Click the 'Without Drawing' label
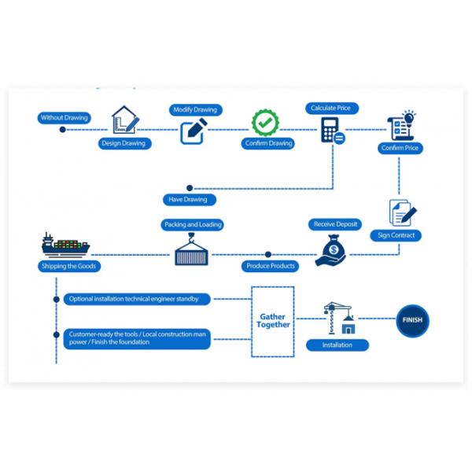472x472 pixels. pyautogui.click(x=65, y=118)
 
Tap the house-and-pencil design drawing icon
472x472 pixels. pyautogui.click(x=124, y=121)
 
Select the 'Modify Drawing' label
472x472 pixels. pyautogui.click(x=195, y=110)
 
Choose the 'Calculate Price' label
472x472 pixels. pyautogui.click(x=330, y=108)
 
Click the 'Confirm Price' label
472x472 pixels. pyautogui.click(x=400, y=148)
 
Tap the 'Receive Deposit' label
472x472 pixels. pyautogui.click(x=335, y=224)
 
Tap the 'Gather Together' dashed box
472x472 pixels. pyautogui.click(x=273, y=320)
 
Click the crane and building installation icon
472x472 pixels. pyautogui.click(x=340, y=319)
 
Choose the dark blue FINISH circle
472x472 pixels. pyautogui.click(x=411, y=320)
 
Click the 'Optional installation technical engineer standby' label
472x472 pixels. pyautogui.click(x=138, y=299)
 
